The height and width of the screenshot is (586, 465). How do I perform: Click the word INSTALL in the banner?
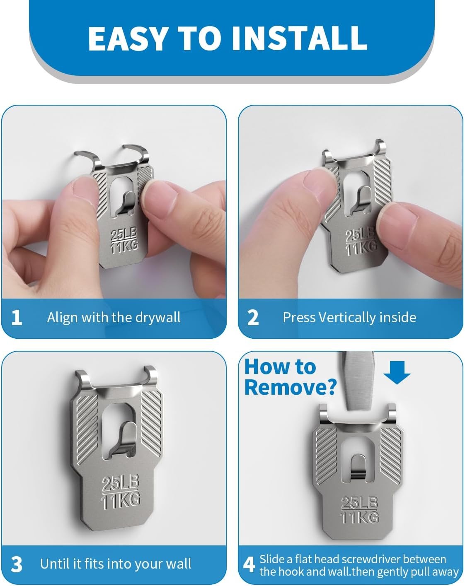point(299,39)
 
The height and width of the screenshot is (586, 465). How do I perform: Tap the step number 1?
point(17,318)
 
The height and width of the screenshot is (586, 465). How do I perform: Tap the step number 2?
point(253,318)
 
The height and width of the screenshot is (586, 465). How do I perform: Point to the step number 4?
point(249,564)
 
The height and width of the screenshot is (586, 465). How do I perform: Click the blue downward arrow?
point(397,372)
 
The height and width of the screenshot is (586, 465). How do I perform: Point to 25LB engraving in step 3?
point(120,484)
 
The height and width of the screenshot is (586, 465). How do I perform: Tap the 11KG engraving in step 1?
point(124,247)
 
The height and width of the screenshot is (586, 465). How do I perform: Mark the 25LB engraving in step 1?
point(123,235)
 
